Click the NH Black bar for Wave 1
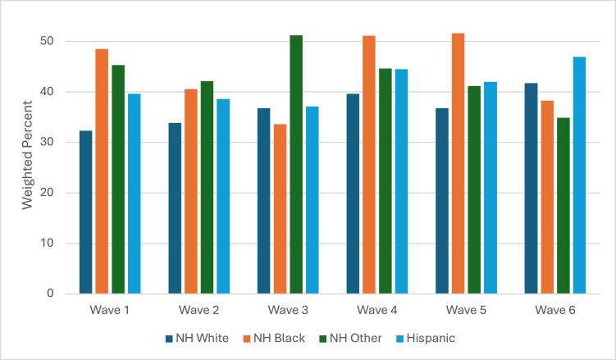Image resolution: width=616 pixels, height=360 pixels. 102,171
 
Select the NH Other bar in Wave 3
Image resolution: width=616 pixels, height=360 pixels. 296,165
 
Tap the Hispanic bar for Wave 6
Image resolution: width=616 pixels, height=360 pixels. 579,175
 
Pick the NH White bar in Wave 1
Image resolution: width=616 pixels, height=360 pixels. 85,212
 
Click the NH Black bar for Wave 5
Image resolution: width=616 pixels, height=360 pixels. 458,163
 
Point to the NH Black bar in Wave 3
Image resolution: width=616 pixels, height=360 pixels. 280,209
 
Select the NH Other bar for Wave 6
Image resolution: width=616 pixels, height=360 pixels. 564,206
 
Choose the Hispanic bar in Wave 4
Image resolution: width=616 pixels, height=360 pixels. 401,181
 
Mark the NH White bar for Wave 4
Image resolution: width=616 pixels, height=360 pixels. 353,194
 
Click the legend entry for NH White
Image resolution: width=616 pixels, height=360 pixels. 197,339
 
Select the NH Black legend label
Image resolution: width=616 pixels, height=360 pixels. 280,339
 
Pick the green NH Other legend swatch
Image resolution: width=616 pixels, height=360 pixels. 322,339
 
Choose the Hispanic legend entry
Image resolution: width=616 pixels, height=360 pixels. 426,339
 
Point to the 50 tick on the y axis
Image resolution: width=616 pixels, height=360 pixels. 47,41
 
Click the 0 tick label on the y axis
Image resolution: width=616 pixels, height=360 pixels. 50,294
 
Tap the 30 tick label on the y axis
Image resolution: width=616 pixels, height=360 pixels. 47,142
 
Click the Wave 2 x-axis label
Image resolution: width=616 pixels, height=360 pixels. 199,310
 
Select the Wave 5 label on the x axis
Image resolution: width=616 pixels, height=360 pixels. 467,310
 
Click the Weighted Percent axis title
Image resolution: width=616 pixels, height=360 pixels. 27,155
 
